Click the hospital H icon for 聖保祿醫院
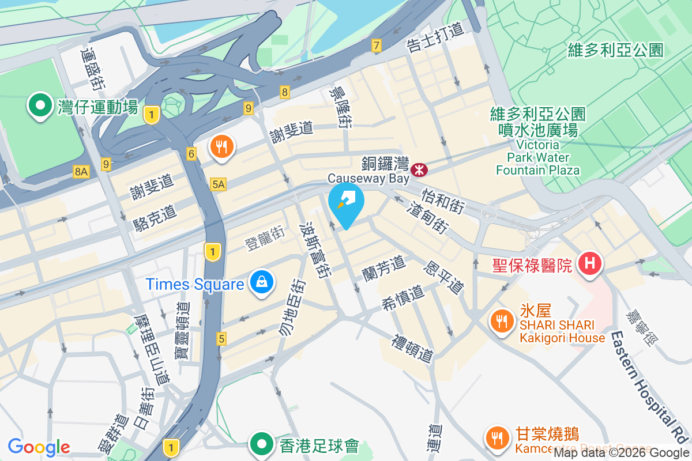(x=589, y=264)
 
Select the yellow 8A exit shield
(x=81, y=171)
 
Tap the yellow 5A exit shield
(x=219, y=184)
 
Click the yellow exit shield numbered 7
(x=377, y=46)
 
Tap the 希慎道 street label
(x=403, y=298)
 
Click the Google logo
(x=39, y=447)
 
